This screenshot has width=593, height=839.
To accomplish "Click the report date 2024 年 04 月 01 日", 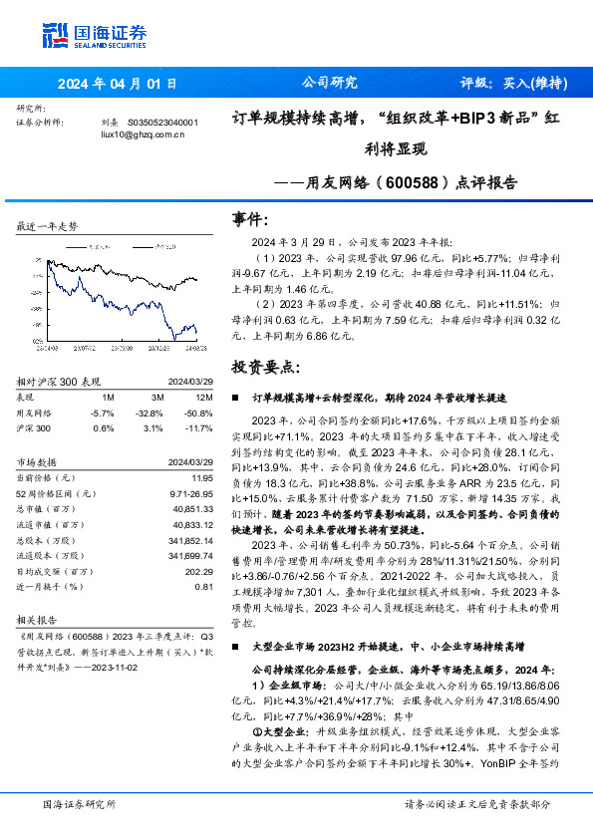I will [x=118, y=84].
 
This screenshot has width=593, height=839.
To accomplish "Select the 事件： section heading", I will [x=249, y=218].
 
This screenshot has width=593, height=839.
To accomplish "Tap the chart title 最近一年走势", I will [x=47, y=227].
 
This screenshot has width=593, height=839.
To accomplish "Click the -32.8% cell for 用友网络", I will [x=148, y=412].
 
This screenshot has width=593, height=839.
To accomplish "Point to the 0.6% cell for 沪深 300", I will [x=102, y=427].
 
